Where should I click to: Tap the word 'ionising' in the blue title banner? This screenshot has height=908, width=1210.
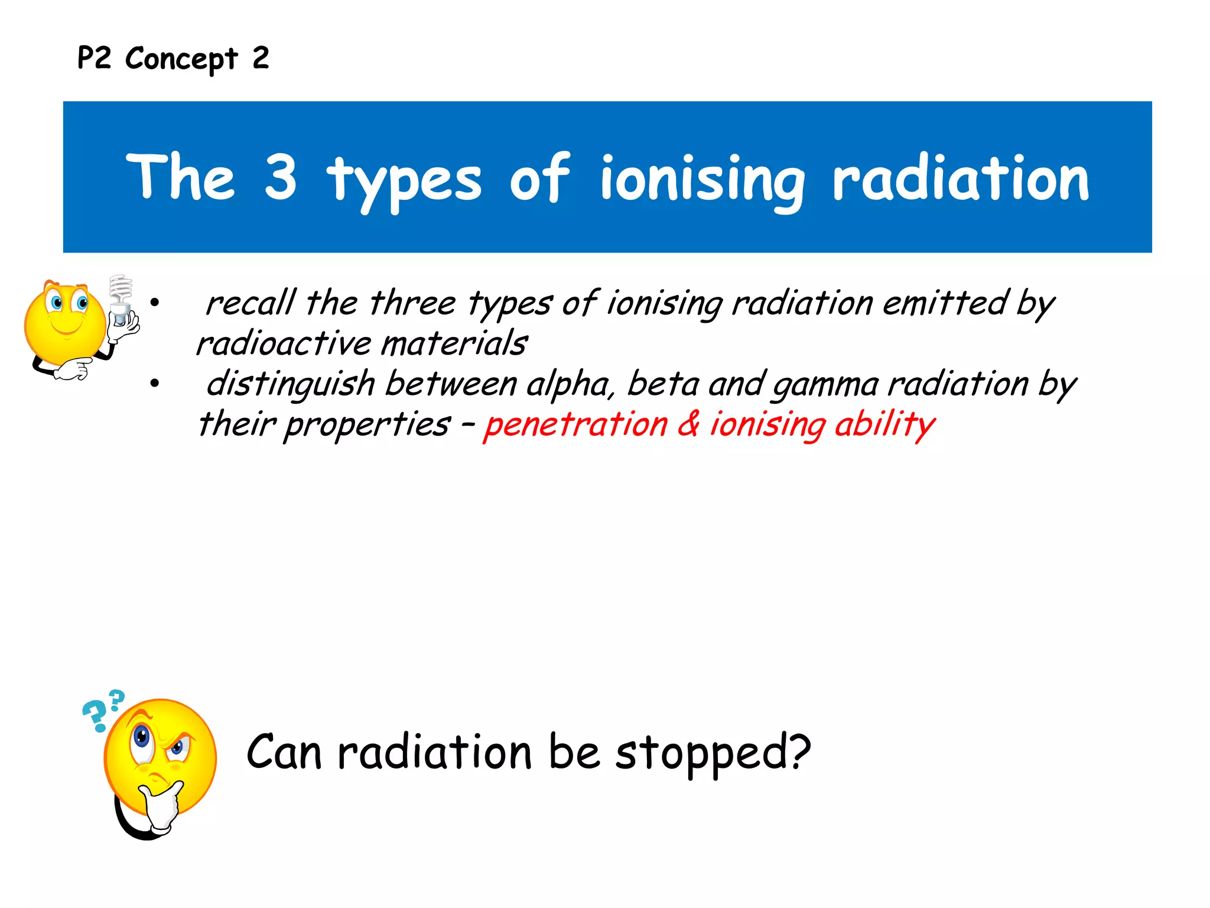[x=702, y=180]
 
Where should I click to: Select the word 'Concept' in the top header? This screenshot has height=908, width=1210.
[x=181, y=59]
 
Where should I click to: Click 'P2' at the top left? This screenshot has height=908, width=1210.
[x=94, y=58]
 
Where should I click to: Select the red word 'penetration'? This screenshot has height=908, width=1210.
[x=575, y=424]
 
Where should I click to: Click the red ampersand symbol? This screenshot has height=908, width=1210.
[x=688, y=423]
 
